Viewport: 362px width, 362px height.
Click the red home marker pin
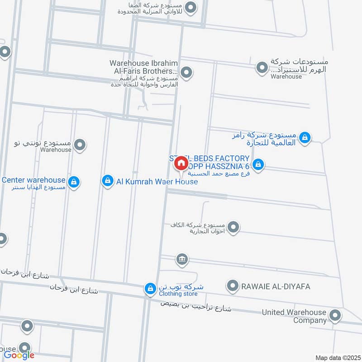[181, 163]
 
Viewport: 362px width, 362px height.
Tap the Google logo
[19, 355]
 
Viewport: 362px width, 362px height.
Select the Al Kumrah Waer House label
[157, 181]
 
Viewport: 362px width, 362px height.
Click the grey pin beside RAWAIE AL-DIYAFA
[233, 286]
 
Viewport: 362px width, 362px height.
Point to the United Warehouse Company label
[294, 316]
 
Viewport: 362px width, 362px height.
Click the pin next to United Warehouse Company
[335, 315]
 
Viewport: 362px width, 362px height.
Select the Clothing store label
[178, 294]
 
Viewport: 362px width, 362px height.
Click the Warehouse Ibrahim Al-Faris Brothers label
[144, 67]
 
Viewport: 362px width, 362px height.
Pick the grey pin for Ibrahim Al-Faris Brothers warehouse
[186, 72]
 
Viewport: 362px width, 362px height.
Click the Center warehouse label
[34, 180]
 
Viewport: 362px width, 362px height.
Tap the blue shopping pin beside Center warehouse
[75, 182]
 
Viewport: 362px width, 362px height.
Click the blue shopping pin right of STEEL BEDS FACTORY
[258, 165]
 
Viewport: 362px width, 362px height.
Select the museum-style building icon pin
[182, 259]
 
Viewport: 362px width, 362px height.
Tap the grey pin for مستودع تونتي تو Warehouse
[80, 145]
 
